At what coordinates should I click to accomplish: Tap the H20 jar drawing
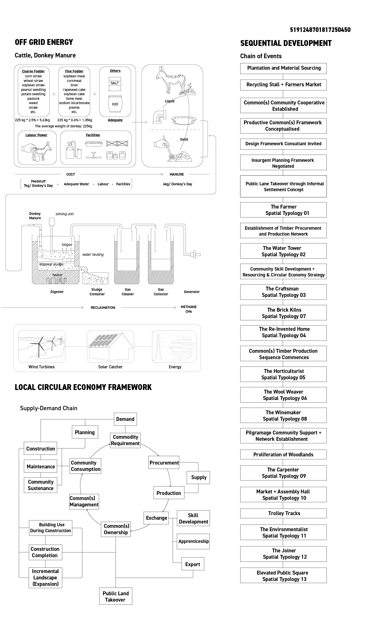click(115, 104)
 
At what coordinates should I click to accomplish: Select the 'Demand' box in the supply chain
click(125, 419)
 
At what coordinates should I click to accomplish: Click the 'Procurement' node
click(164, 462)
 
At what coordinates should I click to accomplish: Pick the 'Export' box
click(193, 564)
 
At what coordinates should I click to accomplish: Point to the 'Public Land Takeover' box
click(116, 596)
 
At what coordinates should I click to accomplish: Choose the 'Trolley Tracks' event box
click(283, 513)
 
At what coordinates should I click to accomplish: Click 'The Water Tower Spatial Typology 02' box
click(283, 251)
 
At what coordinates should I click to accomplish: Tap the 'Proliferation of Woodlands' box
click(283, 454)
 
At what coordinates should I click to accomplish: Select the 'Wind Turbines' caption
click(42, 367)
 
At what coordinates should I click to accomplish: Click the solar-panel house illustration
click(110, 346)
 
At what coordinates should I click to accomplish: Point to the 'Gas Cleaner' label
click(128, 292)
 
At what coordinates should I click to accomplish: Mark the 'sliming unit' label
click(65, 214)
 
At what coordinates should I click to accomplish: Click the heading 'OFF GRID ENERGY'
click(44, 42)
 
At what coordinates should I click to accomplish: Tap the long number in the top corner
click(320, 30)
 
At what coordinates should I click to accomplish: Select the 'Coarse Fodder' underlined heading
click(33, 71)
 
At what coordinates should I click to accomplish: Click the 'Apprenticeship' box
click(193, 541)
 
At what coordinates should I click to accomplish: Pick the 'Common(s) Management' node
click(84, 501)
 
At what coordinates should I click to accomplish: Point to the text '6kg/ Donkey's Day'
click(178, 184)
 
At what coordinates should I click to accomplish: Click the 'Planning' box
click(85, 432)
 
